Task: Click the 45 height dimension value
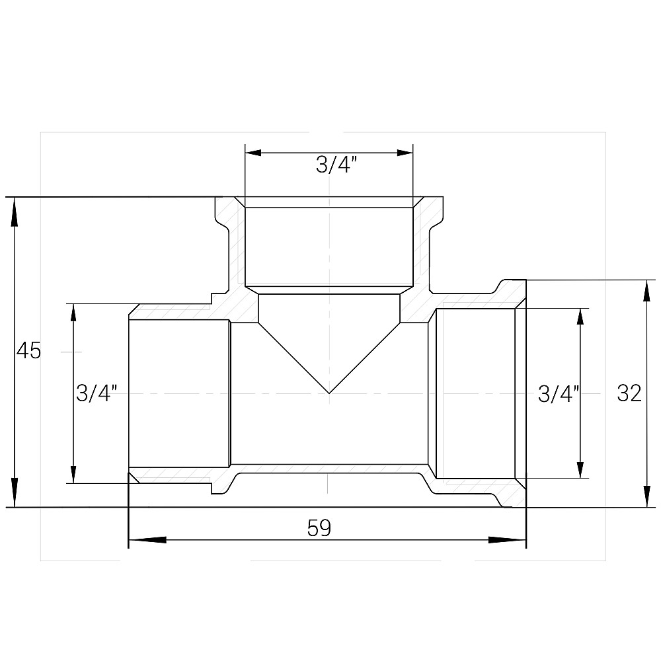click(28, 351)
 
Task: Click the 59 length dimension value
click(319, 528)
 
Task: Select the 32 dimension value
click(629, 394)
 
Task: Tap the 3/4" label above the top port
click(337, 165)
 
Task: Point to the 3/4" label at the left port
click(97, 394)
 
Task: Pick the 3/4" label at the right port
click(559, 394)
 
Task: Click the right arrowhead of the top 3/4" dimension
click(400, 153)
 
